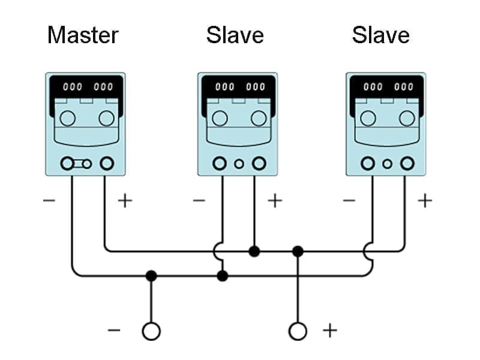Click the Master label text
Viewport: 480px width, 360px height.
[x=83, y=35]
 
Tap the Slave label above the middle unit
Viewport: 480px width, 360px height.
[x=235, y=35]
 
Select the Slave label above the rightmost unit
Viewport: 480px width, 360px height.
[x=380, y=35]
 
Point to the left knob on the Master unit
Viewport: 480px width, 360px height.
[x=68, y=118]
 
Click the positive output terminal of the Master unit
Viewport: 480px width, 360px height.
[x=107, y=163]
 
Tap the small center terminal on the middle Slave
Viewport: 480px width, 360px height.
[x=239, y=163]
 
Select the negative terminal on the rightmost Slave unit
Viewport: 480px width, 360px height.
[x=367, y=163]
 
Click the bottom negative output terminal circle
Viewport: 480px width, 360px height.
[x=151, y=331]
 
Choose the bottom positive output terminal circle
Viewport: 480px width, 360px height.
[x=298, y=331]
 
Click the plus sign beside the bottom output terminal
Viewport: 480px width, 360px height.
[x=329, y=330]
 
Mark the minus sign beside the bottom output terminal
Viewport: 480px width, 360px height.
[x=113, y=330]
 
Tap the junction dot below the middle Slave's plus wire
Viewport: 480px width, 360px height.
[x=254, y=251]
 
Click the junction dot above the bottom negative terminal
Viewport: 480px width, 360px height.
[x=151, y=276]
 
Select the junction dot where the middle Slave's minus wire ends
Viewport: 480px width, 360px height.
[x=223, y=276]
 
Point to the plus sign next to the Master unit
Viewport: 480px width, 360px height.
[x=124, y=200]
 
